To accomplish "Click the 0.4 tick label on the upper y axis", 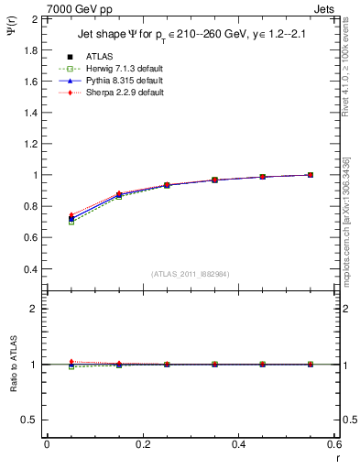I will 27,269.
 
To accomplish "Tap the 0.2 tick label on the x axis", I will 142,444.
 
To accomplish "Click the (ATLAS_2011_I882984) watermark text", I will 191,274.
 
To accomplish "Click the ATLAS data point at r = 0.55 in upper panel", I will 311,175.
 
